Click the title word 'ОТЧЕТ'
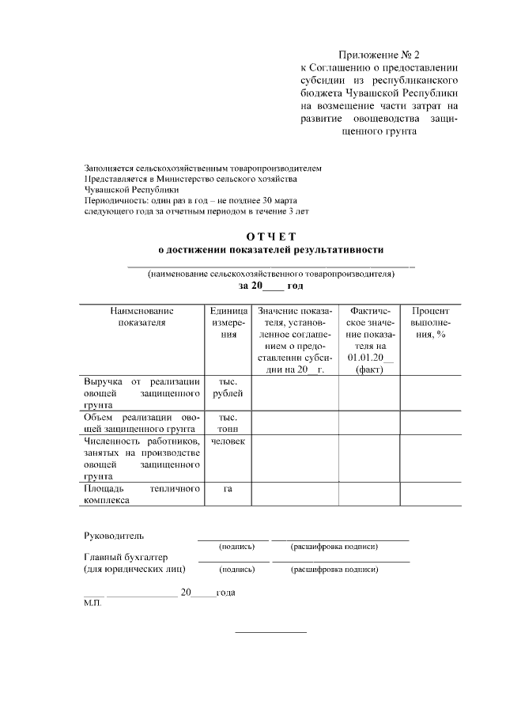(270, 236)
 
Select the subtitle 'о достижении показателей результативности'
(270, 249)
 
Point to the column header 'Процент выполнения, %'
(431, 323)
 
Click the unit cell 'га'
(228, 489)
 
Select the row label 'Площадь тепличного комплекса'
(142, 494)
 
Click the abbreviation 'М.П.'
(93, 602)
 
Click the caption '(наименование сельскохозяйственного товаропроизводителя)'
(270, 274)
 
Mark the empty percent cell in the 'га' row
(431, 494)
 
